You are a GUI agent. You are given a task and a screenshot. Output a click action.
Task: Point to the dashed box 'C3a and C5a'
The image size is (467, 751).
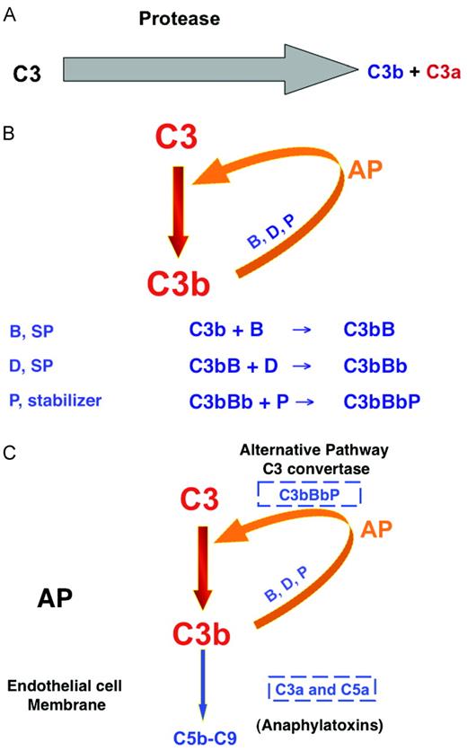(321, 689)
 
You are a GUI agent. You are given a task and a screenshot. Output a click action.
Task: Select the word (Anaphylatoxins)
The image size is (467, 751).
(320, 724)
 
